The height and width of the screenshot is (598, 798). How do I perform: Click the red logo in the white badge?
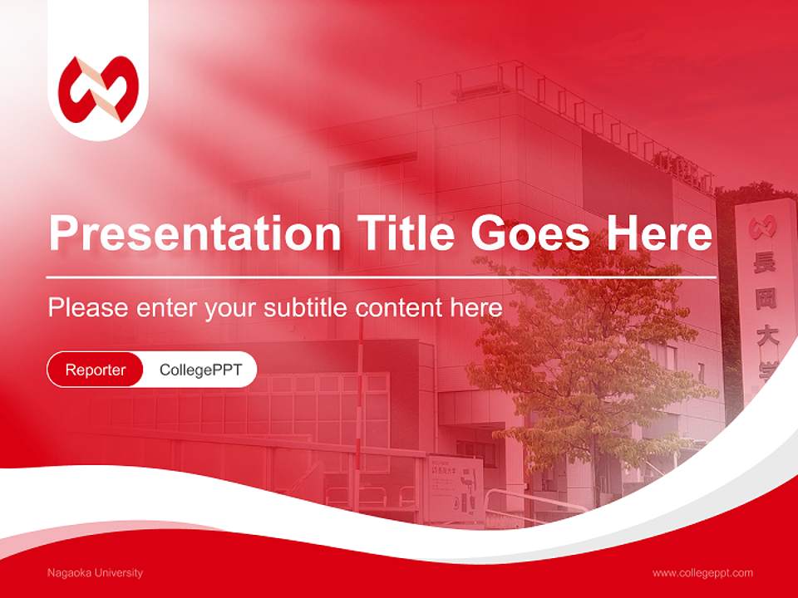[x=98, y=89]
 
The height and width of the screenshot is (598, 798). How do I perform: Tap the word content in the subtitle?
[x=400, y=307]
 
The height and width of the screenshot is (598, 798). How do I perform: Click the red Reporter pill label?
[x=96, y=370]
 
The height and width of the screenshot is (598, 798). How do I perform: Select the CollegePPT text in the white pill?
[x=200, y=370]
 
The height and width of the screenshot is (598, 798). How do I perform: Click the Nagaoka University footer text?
[x=96, y=572]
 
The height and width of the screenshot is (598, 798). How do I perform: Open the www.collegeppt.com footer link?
[x=702, y=572]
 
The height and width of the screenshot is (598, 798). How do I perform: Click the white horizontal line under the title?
[x=382, y=277]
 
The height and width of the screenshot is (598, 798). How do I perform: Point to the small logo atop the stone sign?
[x=761, y=227]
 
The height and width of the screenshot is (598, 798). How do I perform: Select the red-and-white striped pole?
[x=359, y=399]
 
